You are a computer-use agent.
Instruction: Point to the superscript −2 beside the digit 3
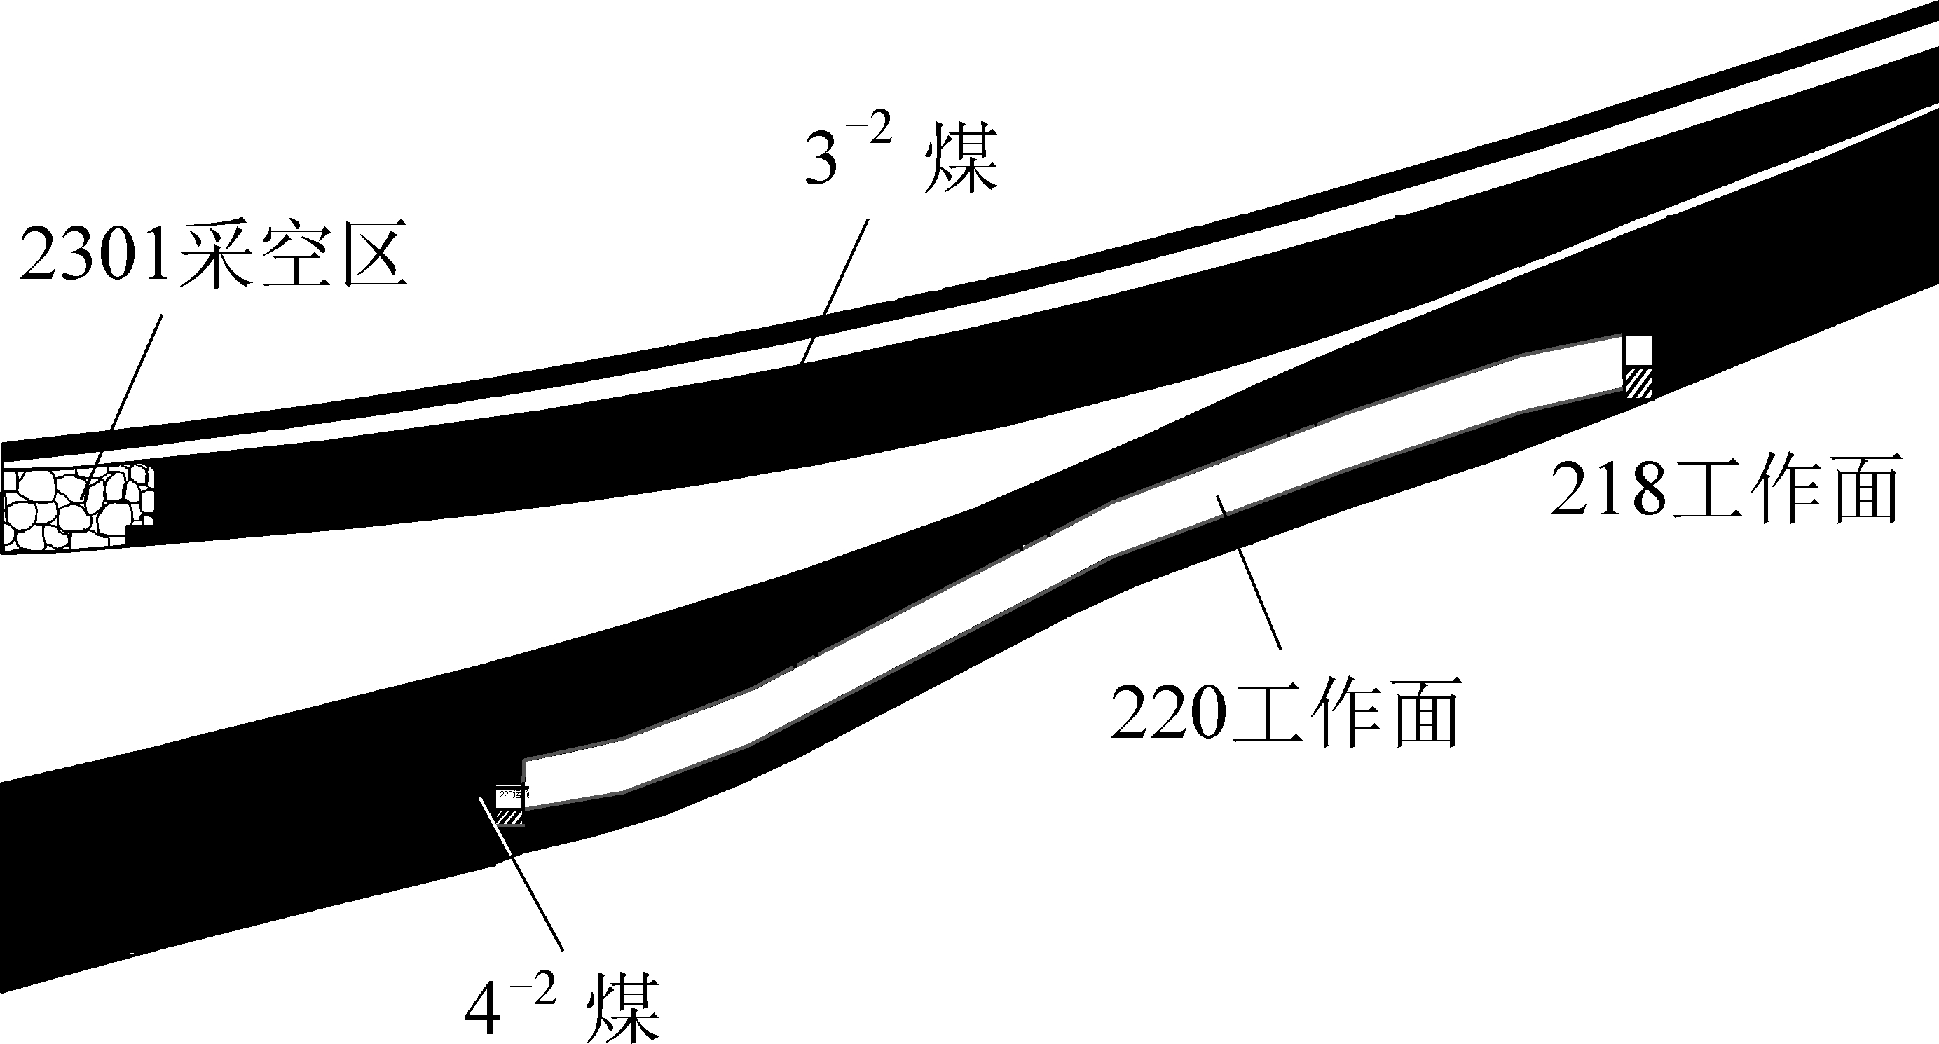point(873,130)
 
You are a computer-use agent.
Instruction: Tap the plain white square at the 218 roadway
point(1637,351)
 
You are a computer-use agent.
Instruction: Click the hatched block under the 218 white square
point(1638,383)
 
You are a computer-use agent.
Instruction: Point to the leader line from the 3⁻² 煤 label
point(835,290)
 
